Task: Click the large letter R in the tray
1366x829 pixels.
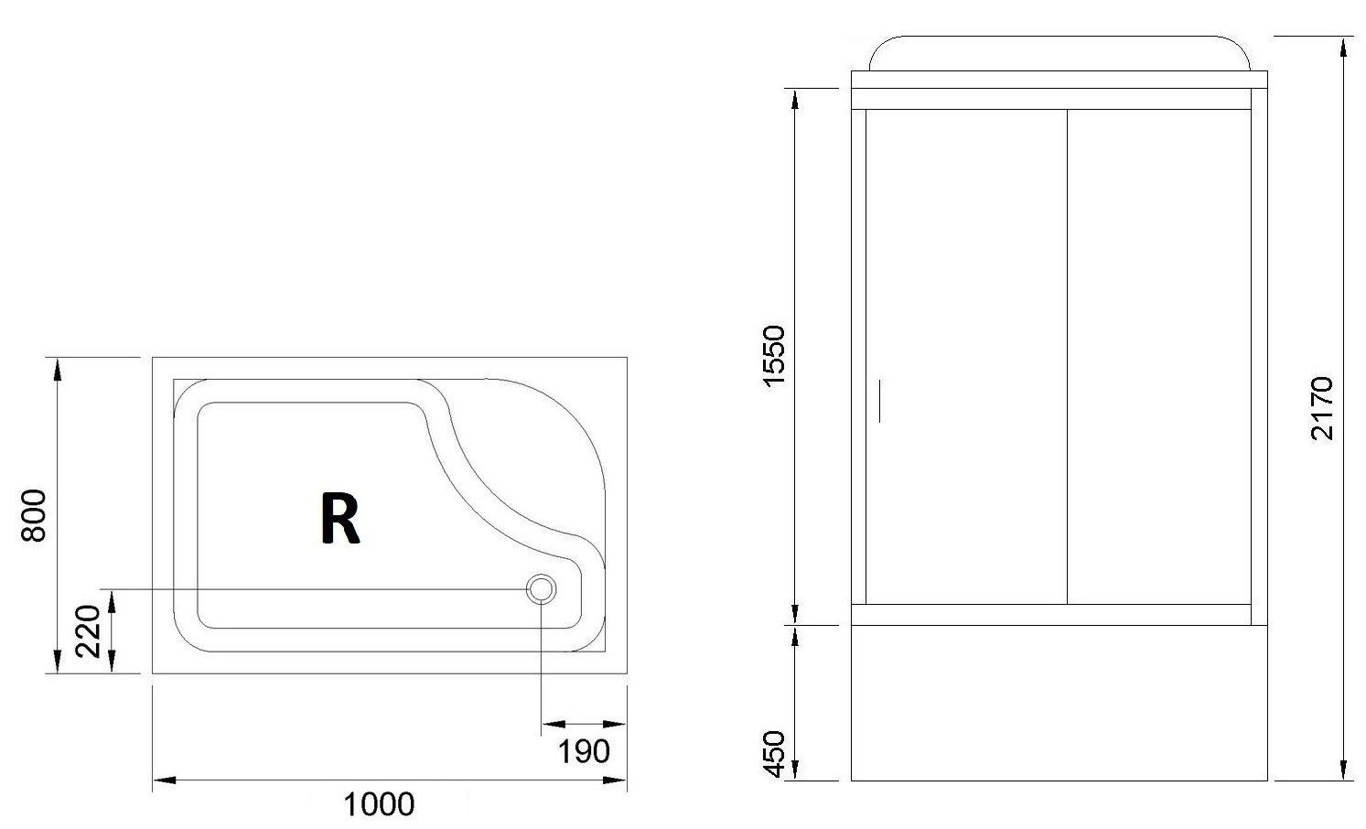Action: pos(340,518)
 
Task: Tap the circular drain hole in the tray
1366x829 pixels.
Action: pos(541,589)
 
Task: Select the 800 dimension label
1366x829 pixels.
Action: pos(34,515)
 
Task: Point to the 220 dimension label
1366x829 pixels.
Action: pos(88,630)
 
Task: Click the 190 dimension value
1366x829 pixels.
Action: pos(584,752)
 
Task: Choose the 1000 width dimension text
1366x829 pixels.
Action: pos(379,804)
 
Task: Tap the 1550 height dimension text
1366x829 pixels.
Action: pos(774,356)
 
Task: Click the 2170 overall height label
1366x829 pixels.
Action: pos(1322,408)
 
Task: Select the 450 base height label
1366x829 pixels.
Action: pos(774,754)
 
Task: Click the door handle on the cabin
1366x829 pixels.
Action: pos(879,401)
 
